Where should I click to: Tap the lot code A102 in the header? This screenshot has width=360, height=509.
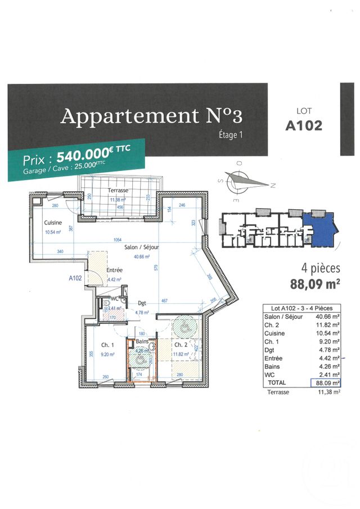(x=304, y=125)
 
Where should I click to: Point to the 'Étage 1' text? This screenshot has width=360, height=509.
(x=230, y=134)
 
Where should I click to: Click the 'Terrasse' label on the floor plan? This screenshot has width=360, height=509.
(x=119, y=191)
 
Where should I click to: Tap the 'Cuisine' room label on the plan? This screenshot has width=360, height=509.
(x=53, y=223)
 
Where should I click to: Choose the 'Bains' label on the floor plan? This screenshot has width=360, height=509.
(x=141, y=342)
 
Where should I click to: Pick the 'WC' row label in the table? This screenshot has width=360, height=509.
(x=269, y=373)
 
